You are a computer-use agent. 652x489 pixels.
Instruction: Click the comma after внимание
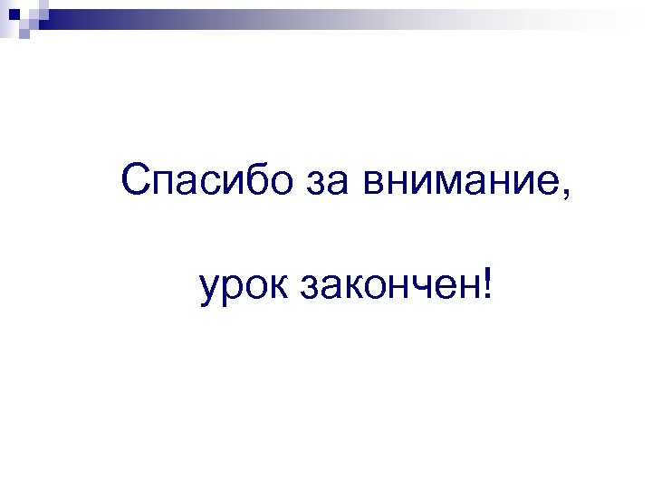(568, 196)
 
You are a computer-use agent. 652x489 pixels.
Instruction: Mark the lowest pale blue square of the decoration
(24, 33)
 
